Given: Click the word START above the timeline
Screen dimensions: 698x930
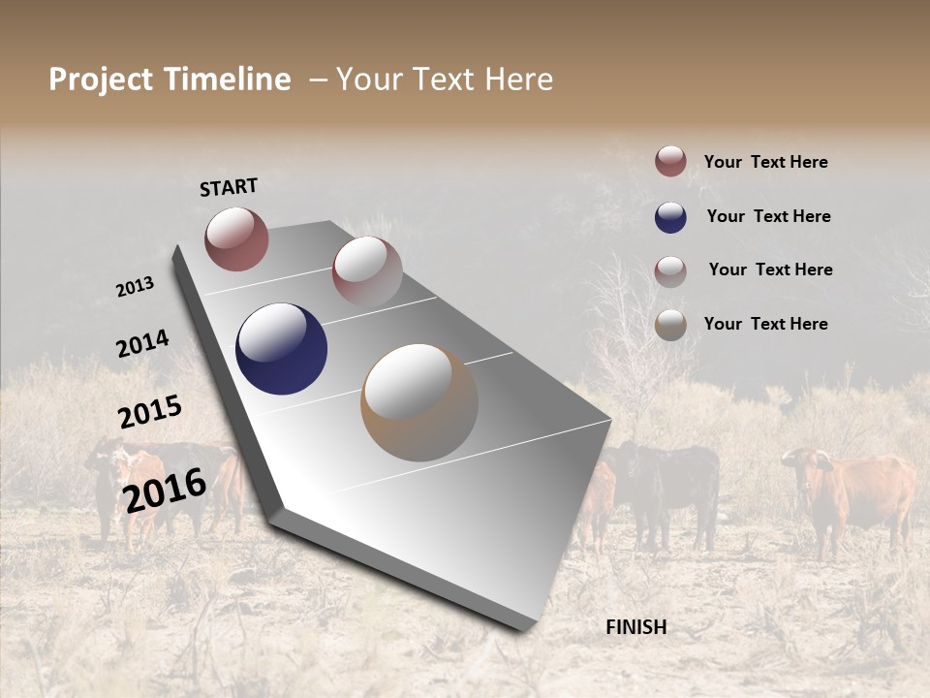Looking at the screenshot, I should click(229, 187).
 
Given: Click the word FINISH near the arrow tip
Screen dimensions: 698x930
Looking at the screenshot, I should click(636, 627).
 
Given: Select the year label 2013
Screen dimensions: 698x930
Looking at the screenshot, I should click(136, 287).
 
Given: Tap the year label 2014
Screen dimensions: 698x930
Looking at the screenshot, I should click(142, 344).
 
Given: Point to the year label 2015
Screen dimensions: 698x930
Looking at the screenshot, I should click(150, 412).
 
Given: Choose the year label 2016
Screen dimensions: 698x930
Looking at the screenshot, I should click(165, 490).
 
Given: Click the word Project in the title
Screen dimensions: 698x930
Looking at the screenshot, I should click(102, 79).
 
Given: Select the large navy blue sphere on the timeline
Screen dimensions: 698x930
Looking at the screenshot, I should click(281, 349).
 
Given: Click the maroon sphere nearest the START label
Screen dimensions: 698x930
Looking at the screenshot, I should click(236, 238).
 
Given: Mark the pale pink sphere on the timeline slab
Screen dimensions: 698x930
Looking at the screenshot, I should click(367, 271).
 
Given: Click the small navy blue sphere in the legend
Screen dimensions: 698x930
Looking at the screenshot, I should click(670, 217).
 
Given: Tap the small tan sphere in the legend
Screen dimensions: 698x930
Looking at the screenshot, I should click(670, 325).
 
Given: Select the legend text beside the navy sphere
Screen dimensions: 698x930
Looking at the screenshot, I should click(768, 216).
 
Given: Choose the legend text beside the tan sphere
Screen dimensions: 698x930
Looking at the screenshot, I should click(765, 324).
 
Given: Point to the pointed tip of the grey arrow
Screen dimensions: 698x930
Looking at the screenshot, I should click(528, 628).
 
